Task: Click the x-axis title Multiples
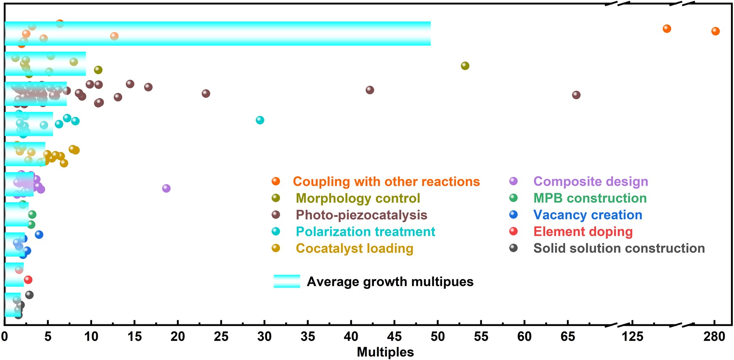pyautogui.click(x=385, y=352)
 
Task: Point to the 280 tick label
pyautogui.click(x=714, y=337)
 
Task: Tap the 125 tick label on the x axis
pyautogui.click(x=632, y=337)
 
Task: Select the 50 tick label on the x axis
pyautogui.click(x=437, y=337)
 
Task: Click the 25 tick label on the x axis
pyautogui.click(x=221, y=337)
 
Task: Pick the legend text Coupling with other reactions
pyautogui.click(x=386, y=181)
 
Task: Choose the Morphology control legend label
pyautogui.click(x=358, y=198)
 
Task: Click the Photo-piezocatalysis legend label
pyautogui.click(x=361, y=215)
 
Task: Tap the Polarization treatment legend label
pyautogui.click(x=365, y=232)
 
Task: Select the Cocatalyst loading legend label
pyautogui.click(x=354, y=248)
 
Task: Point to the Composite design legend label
pyautogui.click(x=591, y=181)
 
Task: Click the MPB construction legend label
pyautogui.click(x=590, y=198)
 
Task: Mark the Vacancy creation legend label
pyautogui.click(x=588, y=215)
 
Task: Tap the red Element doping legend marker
pyautogui.click(x=513, y=232)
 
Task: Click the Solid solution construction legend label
pyautogui.click(x=619, y=248)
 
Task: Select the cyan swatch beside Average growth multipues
pyautogui.click(x=287, y=282)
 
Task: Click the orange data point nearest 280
pyautogui.click(x=715, y=31)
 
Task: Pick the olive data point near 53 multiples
pyautogui.click(x=465, y=66)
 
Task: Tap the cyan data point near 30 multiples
pyautogui.click(x=260, y=120)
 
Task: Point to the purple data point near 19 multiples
pyautogui.click(x=166, y=188)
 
